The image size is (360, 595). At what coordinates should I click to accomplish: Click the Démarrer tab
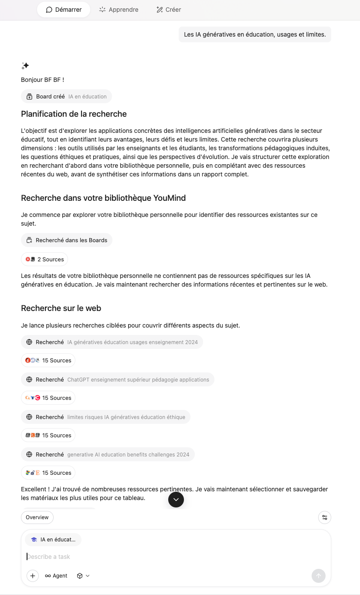[x=64, y=10]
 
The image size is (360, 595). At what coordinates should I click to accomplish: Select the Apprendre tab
[x=119, y=10]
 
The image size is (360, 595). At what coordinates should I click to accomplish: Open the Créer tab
[x=169, y=10]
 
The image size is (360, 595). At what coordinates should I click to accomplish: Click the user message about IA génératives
[x=255, y=34]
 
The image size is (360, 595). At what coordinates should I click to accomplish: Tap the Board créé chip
[x=66, y=97]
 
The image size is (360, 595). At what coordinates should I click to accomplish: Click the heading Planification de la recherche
[x=74, y=114]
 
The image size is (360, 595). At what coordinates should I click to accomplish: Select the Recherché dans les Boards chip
[x=67, y=240]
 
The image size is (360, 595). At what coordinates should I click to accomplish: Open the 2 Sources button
[x=44, y=259]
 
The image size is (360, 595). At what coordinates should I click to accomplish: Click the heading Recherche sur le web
[x=61, y=308]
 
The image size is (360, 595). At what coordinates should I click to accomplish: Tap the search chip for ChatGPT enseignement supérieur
[x=117, y=379]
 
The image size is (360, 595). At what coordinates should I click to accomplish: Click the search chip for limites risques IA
[x=105, y=417]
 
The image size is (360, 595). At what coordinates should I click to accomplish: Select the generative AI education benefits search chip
[x=108, y=454]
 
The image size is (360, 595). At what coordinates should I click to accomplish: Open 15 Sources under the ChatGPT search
[x=48, y=398]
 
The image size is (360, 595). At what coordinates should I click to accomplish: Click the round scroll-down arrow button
[x=176, y=499]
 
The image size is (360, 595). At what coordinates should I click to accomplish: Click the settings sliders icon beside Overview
[x=325, y=517]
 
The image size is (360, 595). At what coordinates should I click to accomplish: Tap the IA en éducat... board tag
[x=53, y=540]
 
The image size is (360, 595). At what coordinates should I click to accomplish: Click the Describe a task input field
[x=174, y=557]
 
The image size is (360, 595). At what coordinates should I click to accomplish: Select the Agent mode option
[x=56, y=576]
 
